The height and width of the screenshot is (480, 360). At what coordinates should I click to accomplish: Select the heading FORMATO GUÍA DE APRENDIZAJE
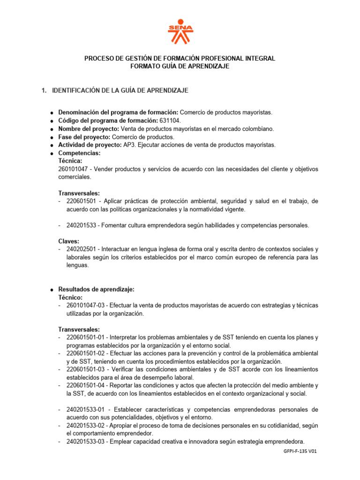coord(180,67)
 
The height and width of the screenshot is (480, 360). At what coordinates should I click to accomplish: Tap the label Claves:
coord(69,241)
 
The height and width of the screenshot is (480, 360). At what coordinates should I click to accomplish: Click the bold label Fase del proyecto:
coord(84,137)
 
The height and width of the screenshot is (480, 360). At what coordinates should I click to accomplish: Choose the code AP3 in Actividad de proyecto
coord(129,145)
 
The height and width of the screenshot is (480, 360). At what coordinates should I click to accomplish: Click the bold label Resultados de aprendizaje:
coord(96,289)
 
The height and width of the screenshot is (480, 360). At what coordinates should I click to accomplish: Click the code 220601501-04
coord(86,385)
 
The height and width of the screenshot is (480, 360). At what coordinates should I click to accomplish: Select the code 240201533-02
coord(86,425)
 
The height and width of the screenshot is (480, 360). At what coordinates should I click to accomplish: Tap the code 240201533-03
coord(86,441)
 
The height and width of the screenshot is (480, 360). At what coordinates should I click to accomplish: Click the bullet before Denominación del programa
coord(51,113)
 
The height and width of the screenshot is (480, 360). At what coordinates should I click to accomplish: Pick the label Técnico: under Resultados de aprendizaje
coord(70,297)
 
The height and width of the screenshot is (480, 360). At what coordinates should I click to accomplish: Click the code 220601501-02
coord(86,353)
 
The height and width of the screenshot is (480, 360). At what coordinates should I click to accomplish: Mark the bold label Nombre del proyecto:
coord(89,129)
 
